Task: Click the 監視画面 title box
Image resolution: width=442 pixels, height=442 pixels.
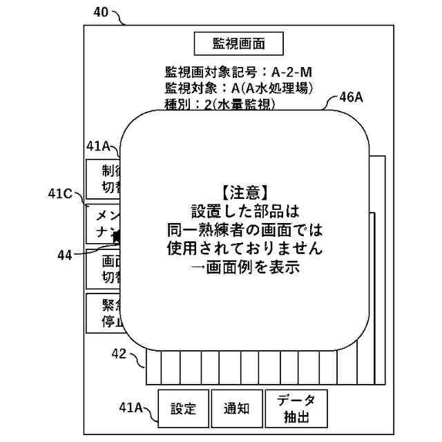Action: (x=238, y=44)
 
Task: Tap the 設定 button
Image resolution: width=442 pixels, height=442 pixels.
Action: (x=183, y=408)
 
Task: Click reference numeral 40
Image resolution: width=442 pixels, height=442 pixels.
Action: (x=100, y=12)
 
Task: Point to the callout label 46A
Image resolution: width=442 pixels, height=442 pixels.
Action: (x=351, y=97)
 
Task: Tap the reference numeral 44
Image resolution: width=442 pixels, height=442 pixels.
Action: (x=65, y=255)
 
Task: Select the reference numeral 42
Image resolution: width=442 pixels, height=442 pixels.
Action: (x=118, y=354)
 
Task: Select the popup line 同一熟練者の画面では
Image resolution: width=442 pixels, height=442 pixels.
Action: (x=245, y=229)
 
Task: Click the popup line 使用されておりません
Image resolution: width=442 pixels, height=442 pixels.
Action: (x=245, y=247)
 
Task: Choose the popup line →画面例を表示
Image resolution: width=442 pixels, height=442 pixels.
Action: (x=245, y=267)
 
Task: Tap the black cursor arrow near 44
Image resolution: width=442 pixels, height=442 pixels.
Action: (x=117, y=237)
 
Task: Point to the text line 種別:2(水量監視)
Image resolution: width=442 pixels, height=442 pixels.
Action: (x=220, y=104)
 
